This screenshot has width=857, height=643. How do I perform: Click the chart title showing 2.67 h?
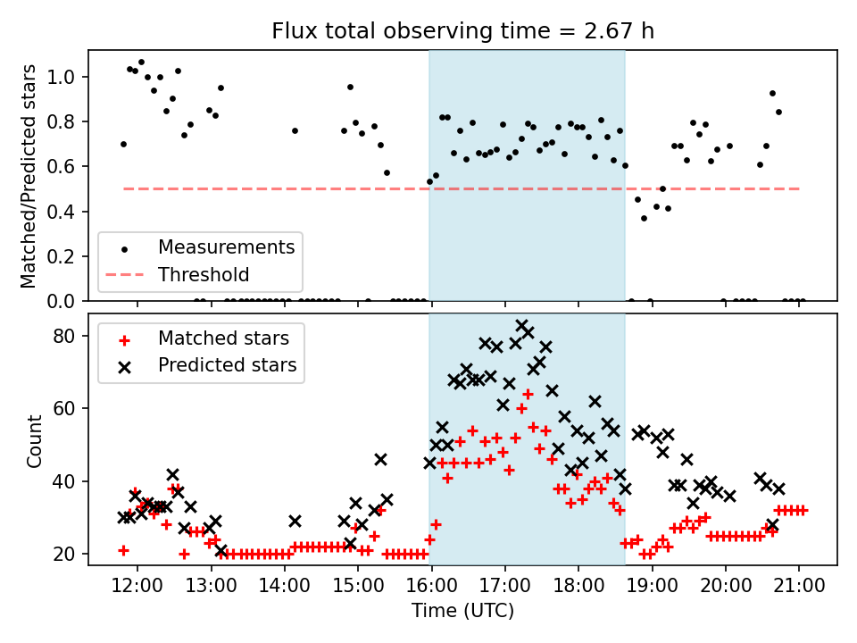point(462,32)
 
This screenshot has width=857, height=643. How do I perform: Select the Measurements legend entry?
point(226,246)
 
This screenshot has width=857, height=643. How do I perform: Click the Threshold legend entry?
point(204,274)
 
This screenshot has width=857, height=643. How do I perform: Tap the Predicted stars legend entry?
point(227,365)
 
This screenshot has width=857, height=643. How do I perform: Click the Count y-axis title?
point(35,440)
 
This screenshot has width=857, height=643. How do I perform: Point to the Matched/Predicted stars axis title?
point(29,176)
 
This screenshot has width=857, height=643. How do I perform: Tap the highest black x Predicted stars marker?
point(522,326)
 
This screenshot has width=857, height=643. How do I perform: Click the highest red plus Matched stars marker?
point(528,394)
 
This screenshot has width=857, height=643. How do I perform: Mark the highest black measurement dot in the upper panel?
point(141,63)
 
